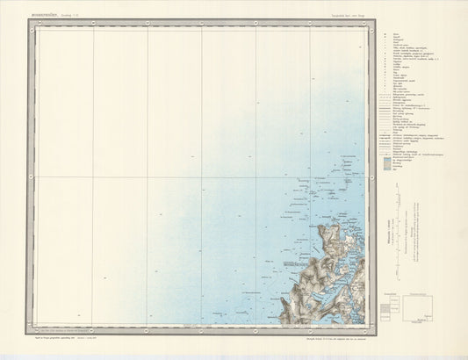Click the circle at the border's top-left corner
pos(30,24)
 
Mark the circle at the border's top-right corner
pos(373,24)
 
